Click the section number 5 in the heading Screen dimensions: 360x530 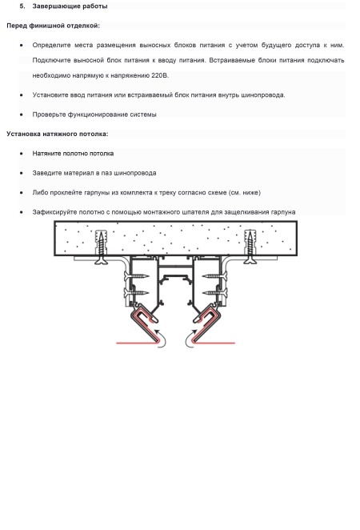22,6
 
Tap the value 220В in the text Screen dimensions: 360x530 160,75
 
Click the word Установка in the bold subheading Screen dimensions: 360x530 23,134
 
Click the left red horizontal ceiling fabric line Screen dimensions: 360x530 138,343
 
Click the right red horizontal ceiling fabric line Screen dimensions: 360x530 214,343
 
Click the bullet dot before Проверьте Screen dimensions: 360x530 22,115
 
